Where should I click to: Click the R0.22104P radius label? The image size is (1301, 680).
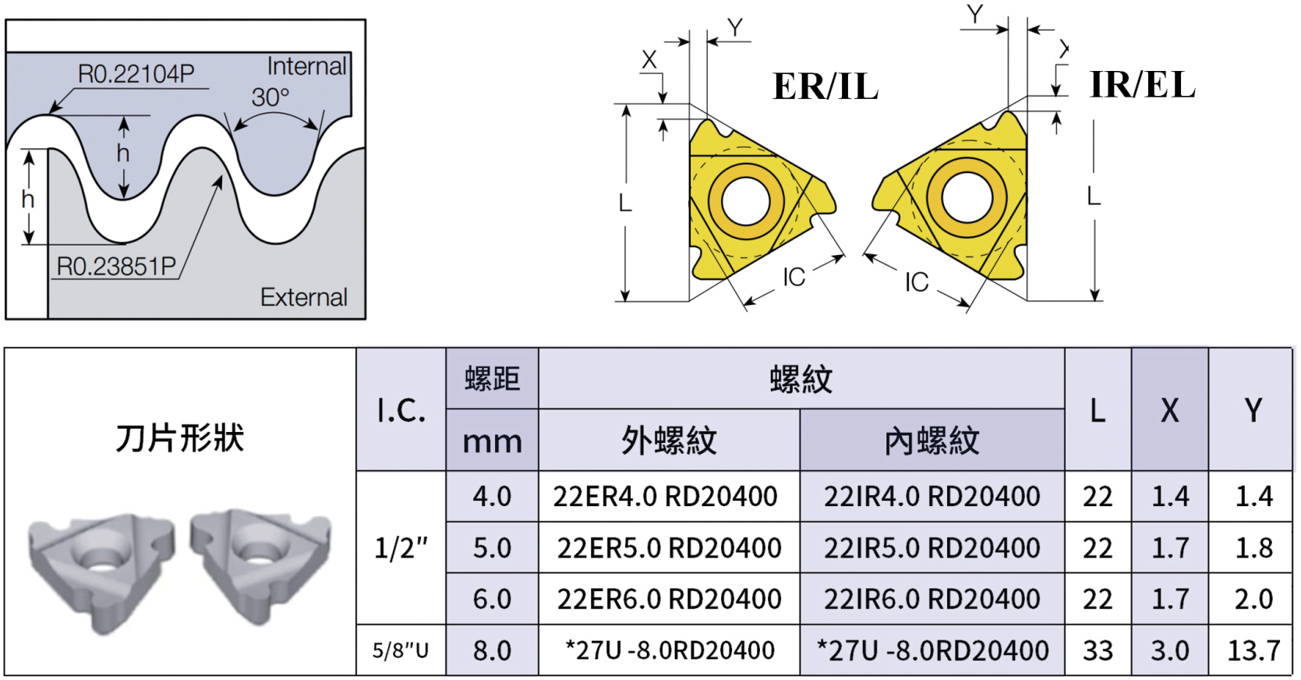(x=136, y=74)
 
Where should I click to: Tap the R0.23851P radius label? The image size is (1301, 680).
(x=116, y=267)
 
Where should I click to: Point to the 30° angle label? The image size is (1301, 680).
(x=270, y=97)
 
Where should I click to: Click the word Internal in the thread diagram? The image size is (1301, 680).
(x=306, y=66)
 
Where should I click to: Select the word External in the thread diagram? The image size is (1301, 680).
(x=303, y=297)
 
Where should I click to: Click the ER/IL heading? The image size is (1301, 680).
(x=825, y=86)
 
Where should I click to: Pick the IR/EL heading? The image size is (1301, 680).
(x=1142, y=84)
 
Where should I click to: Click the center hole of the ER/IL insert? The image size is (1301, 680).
(x=746, y=200)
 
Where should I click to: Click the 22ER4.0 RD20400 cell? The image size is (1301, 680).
(x=666, y=496)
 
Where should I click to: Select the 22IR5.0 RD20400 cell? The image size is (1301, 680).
(x=932, y=548)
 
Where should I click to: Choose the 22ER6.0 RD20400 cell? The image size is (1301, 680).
(x=669, y=599)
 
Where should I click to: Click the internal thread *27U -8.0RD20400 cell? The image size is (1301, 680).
(x=932, y=650)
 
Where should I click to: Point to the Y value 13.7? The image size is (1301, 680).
(x=1253, y=650)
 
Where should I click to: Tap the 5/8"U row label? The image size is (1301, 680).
(x=401, y=650)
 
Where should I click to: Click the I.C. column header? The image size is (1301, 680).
(x=401, y=410)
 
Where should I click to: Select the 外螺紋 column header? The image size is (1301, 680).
(x=669, y=441)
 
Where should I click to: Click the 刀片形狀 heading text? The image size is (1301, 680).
(x=179, y=438)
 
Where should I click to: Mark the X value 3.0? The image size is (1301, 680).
(x=1169, y=650)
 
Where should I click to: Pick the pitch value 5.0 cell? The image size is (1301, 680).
(x=492, y=548)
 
